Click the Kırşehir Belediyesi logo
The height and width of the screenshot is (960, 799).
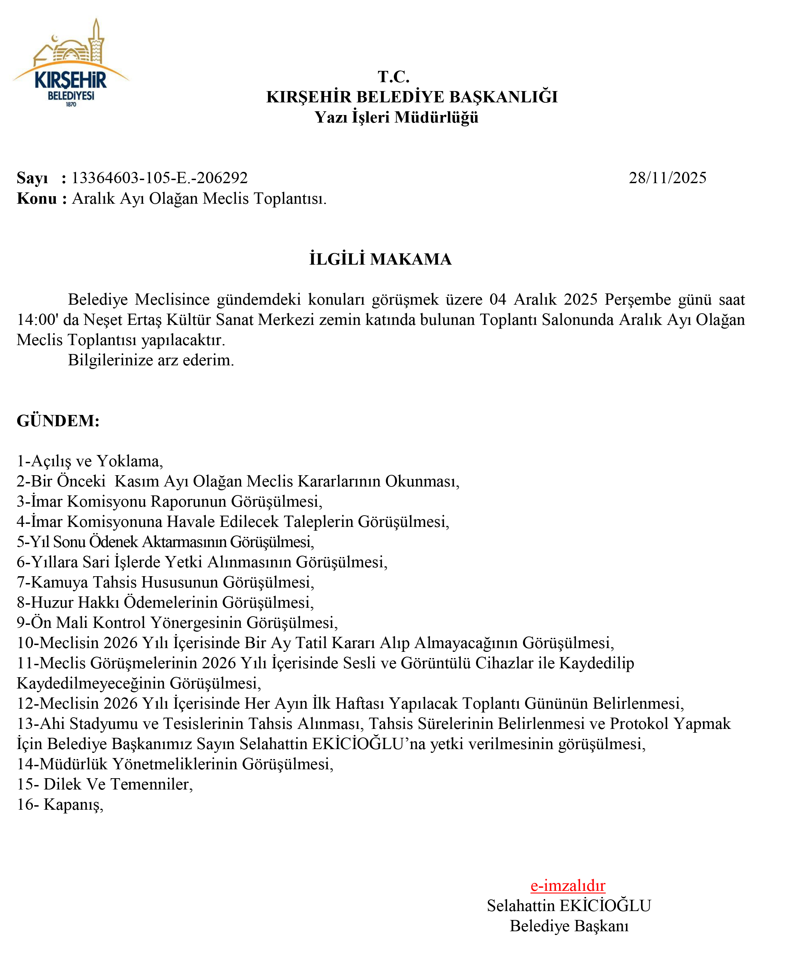(x=71, y=64)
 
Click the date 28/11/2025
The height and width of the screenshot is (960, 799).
(x=667, y=178)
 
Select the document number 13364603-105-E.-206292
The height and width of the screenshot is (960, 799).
(x=160, y=178)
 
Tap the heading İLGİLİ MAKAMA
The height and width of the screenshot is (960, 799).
(x=380, y=259)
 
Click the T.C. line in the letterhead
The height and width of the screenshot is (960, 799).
(x=394, y=76)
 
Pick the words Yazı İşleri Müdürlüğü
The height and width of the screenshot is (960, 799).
(x=396, y=117)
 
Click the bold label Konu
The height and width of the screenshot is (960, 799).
(x=37, y=198)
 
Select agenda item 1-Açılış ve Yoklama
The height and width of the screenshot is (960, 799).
(x=90, y=461)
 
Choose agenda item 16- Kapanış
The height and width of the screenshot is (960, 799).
(x=60, y=804)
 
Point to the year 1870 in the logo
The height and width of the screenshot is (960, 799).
(x=71, y=105)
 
